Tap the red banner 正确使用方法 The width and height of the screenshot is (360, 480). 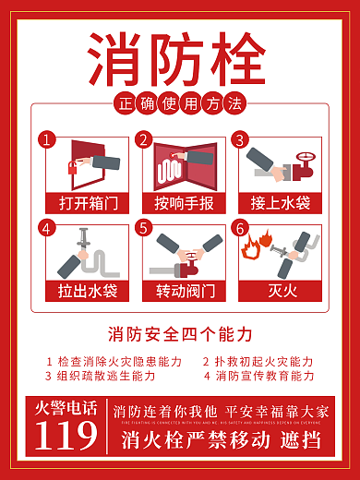click(x=180, y=103)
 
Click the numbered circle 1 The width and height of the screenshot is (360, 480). click(x=48, y=140)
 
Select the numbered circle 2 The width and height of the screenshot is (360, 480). click(x=144, y=140)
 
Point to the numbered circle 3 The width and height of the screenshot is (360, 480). click(x=240, y=140)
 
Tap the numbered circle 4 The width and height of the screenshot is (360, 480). click(x=48, y=227)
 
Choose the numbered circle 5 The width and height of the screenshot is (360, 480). click(x=144, y=227)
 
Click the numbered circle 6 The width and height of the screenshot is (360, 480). click(x=240, y=227)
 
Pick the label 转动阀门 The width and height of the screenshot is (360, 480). click(x=180, y=292)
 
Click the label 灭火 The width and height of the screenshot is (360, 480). click(x=277, y=292)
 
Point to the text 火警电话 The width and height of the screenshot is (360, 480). click(x=65, y=407)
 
